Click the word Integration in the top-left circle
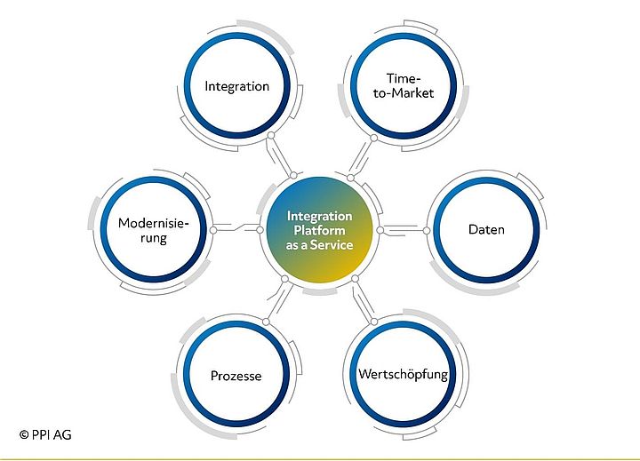(236, 86)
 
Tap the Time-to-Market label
(404, 85)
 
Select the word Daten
(486, 230)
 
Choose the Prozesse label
(236, 377)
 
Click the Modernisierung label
(154, 231)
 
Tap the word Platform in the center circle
(320, 231)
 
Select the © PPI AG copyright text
(45, 434)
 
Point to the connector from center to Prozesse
(276, 300)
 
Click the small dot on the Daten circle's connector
(426, 231)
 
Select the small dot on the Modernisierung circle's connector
(213, 229)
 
